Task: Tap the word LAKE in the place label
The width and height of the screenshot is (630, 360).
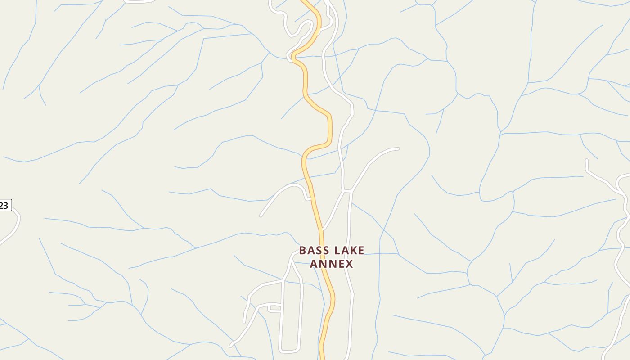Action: (x=348, y=250)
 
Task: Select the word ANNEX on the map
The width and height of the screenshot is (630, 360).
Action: (x=332, y=263)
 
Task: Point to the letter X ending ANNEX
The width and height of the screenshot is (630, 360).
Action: (x=349, y=263)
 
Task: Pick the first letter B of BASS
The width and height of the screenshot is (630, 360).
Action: (x=303, y=250)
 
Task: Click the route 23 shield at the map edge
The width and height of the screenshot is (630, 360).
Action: (x=4, y=206)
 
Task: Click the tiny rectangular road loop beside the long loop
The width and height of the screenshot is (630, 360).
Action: (x=274, y=308)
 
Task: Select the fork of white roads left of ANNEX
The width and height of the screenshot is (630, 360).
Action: (x=291, y=261)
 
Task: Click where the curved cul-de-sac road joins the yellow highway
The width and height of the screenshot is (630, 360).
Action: (x=311, y=198)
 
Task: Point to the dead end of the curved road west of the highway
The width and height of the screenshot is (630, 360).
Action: (x=261, y=216)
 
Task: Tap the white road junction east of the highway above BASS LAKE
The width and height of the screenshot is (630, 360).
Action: (x=347, y=191)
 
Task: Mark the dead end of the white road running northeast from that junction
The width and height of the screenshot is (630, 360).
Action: (x=398, y=148)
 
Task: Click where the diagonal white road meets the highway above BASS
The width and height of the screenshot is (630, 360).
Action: (x=323, y=229)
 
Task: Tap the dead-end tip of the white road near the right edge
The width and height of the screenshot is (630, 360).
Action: (x=587, y=160)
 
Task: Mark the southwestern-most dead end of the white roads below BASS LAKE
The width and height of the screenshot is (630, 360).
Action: (x=231, y=346)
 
